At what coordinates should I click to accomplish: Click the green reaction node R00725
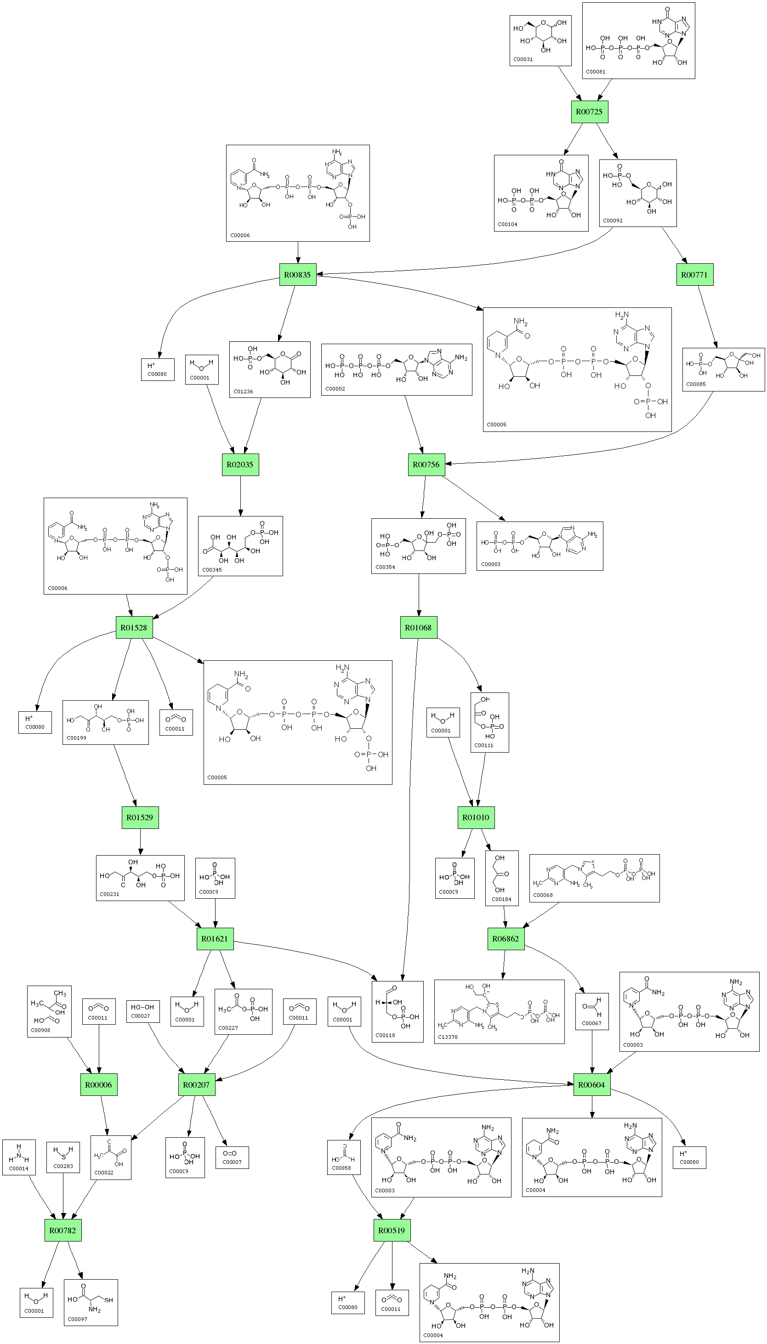pos(590,112)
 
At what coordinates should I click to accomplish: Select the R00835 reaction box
pos(298,275)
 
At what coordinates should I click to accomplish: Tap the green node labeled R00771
pos(694,275)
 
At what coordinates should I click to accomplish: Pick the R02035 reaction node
pos(240,465)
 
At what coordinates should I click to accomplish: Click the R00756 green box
pos(426,465)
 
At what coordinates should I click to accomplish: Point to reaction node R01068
pos(418,628)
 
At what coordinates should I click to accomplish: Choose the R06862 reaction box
pos(506,938)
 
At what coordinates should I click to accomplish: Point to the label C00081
pos(596,72)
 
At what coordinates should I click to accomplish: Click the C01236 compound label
pos(244,391)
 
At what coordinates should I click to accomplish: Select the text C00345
pos(212,570)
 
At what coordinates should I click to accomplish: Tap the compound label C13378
pos(448,1037)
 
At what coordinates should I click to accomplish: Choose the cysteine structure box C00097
pos(91,1302)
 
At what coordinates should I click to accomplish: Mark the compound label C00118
pos(385,1035)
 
